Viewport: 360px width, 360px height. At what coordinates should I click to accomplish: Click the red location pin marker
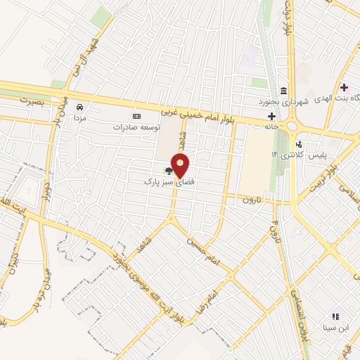point(181,165)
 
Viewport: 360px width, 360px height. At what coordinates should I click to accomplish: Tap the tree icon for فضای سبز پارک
point(168,170)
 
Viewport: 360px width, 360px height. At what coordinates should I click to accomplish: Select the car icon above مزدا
point(79,107)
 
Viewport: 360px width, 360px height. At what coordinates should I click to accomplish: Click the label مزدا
point(80,119)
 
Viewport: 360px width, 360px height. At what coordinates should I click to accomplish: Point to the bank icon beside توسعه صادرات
point(136,117)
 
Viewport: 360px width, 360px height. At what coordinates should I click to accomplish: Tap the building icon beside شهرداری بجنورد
point(283,90)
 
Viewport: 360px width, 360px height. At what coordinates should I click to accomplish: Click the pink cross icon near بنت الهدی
point(344,88)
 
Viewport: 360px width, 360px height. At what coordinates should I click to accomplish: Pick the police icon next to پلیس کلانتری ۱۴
point(300,145)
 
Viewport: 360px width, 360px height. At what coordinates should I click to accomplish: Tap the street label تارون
point(251,200)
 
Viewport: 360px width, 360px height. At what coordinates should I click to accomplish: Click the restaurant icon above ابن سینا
point(335,316)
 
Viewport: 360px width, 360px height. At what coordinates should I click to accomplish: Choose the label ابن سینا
point(335,328)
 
